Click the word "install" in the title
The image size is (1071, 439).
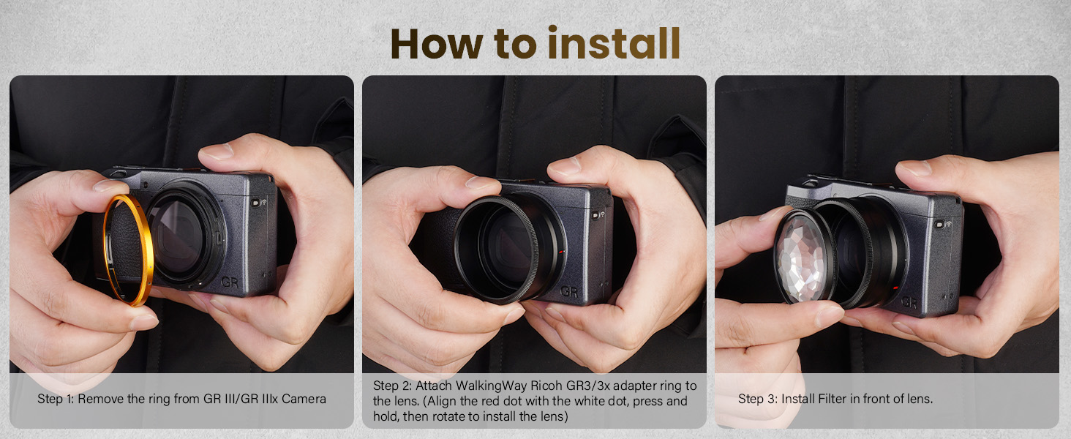click(614, 43)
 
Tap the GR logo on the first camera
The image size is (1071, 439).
click(230, 282)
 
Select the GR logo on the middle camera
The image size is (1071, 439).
click(569, 291)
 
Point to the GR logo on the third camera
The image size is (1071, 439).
click(909, 302)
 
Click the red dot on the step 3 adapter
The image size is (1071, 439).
click(895, 288)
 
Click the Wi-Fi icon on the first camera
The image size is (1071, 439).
click(264, 202)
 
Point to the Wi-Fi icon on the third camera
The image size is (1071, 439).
click(949, 224)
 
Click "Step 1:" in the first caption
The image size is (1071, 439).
click(56, 399)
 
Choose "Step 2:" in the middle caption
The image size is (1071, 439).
click(392, 386)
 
